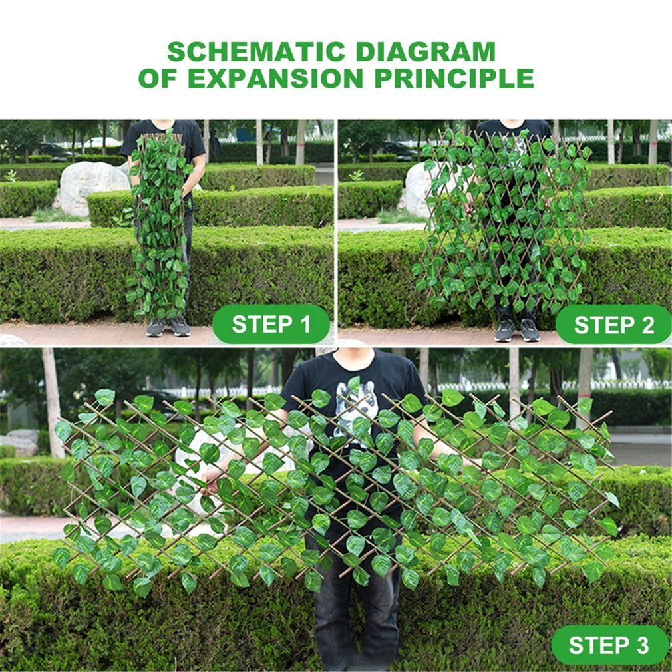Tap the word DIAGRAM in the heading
426,51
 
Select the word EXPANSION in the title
275,78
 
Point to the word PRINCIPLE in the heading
454,78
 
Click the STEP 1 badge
271,324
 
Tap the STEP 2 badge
613,325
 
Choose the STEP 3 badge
609,645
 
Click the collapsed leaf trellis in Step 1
160,225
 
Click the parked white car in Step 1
102,142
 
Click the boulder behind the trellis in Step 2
419,188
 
